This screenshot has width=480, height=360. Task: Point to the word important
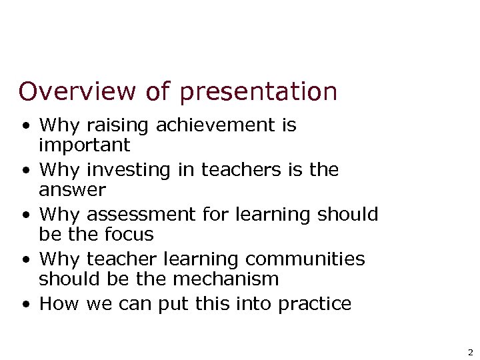[85, 145]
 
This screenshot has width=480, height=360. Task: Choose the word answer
[72, 191]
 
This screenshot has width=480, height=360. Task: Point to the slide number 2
[470, 352]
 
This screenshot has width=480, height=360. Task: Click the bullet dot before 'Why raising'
[25, 125]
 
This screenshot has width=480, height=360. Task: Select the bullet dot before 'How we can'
[25, 305]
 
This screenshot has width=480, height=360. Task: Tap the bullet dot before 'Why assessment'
[25, 215]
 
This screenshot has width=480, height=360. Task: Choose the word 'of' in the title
[158, 91]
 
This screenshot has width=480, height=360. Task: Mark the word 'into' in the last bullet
[247, 303]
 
